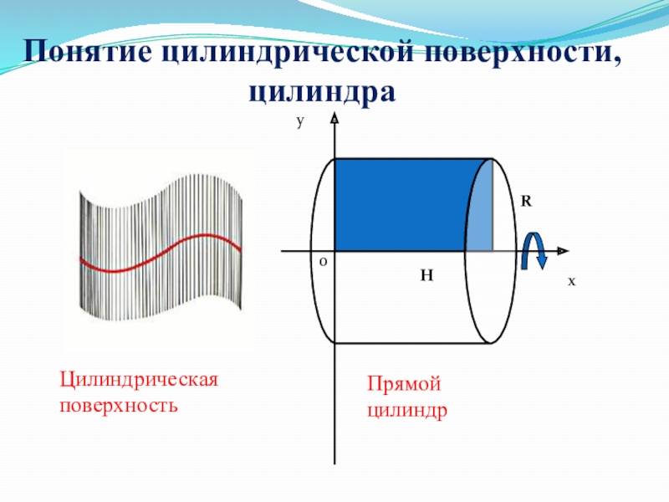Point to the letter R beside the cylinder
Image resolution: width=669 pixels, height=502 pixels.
tap(526, 202)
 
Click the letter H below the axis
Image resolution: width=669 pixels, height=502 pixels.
tap(426, 274)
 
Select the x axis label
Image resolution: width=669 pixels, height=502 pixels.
tap(572, 282)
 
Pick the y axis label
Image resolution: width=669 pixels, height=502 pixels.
tap(299, 121)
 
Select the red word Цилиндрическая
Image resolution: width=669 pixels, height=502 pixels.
tap(138, 380)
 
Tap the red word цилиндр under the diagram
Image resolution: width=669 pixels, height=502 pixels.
tap(406, 411)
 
